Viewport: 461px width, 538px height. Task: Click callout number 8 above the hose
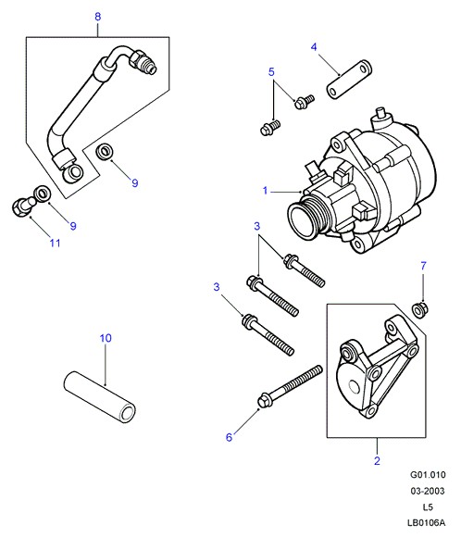(x=98, y=17)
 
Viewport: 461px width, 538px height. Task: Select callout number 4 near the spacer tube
(x=314, y=47)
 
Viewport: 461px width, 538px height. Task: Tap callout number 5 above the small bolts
(x=271, y=72)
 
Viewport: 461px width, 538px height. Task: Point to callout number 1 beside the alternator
(x=265, y=191)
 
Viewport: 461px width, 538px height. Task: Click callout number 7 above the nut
(x=423, y=266)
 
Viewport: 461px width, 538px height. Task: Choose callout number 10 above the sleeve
(x=106, y=338)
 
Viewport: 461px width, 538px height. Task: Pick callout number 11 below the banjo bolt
(x=55, y=244)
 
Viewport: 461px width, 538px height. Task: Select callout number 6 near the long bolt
(x=229, y=437)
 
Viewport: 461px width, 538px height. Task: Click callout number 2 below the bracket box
(x=377, y=461)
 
